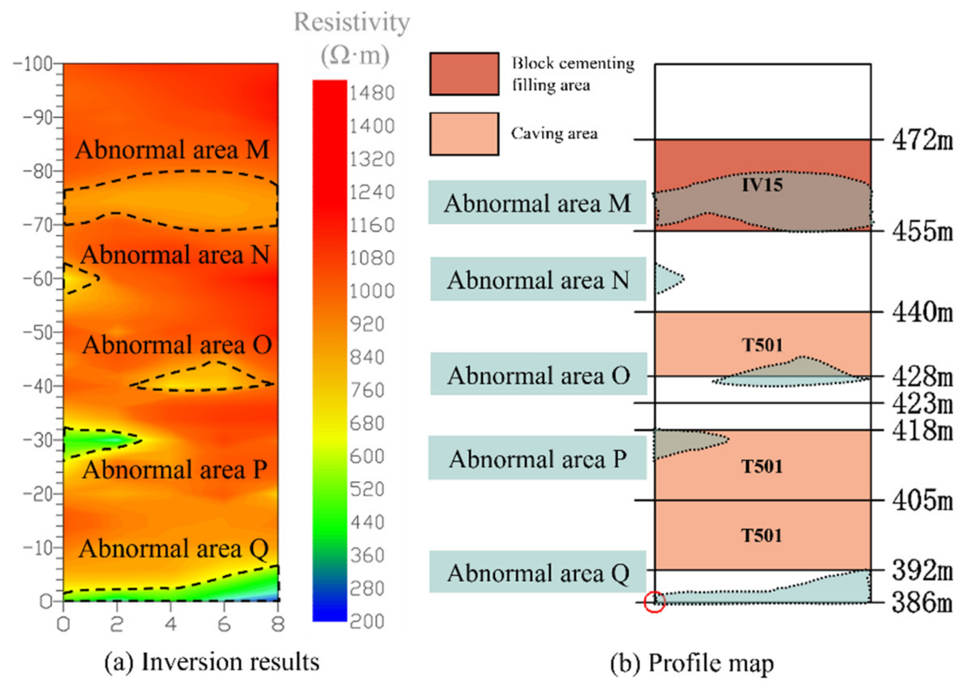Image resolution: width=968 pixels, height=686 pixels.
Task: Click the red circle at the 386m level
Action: (x=654, y=601)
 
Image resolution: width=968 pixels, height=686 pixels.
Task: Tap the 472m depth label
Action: (x=922, y=140)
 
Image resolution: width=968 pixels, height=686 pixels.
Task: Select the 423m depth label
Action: (x=922, y=404)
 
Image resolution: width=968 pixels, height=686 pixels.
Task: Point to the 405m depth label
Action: (x=922, y=501)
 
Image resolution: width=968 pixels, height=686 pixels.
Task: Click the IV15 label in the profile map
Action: (x=762, y=185)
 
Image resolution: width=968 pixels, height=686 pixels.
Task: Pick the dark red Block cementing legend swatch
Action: (x=464, y=74)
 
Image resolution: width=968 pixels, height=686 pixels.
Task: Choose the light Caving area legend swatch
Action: (x=464, y=134)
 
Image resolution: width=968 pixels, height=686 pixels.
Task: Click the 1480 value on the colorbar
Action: (x=372, y=93)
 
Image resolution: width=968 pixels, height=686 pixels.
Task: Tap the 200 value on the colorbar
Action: (x=366, y=621)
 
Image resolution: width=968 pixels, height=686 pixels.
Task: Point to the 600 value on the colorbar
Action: (x=366, y=456)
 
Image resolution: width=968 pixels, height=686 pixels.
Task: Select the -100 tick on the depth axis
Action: (x=33, y=64)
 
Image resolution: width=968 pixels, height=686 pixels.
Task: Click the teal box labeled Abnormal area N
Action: (x=538, y=280)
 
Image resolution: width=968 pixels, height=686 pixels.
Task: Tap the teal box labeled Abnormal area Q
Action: (x=538, y=573)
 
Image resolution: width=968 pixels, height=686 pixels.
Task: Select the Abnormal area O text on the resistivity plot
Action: (x=177, y=345)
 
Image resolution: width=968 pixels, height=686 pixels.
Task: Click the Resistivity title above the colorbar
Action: (x=352, y=22)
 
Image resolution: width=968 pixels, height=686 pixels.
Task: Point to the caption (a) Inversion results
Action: (x=212, y=662)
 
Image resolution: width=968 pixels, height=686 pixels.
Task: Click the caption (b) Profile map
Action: (x=692, y=663)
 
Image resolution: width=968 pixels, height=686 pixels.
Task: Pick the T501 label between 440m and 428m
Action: (x=761, y=345)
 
